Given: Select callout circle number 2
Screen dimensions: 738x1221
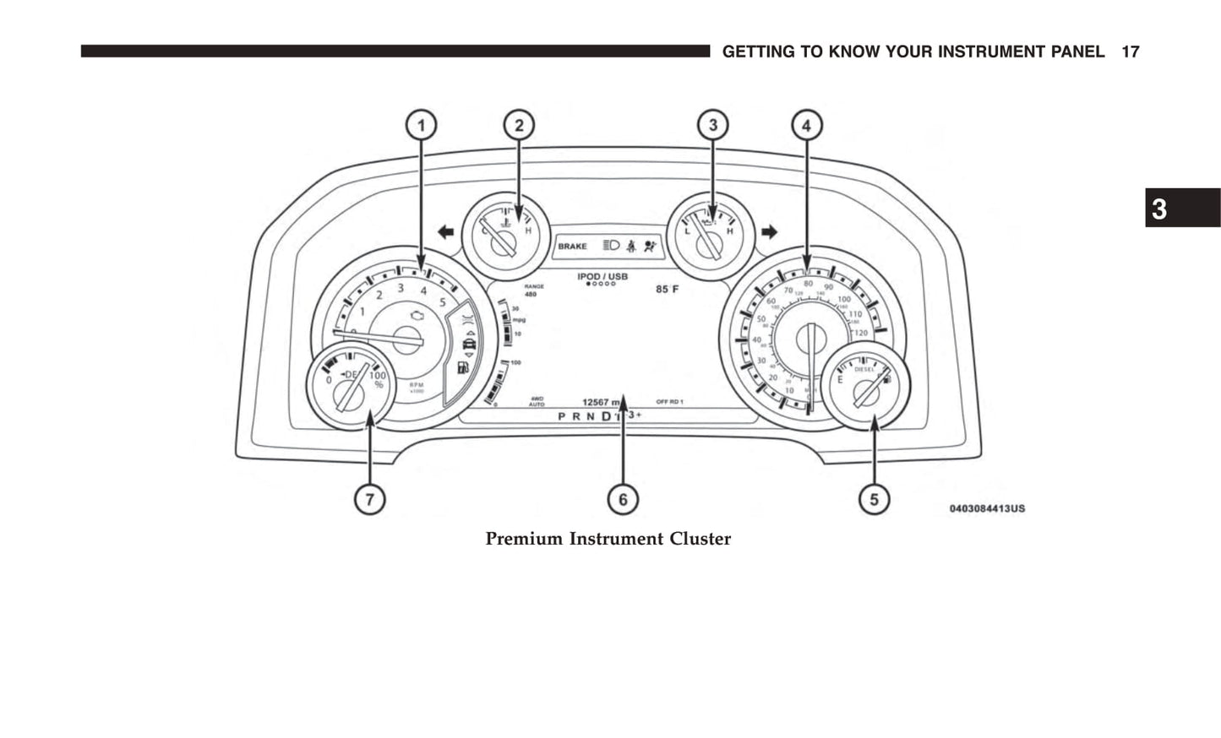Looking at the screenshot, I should click(519, 126).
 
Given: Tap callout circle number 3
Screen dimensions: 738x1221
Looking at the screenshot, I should click(712, 126).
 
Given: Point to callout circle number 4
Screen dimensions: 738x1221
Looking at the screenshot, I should click(806, 126).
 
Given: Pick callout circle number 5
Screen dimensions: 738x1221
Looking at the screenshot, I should click(874, 499).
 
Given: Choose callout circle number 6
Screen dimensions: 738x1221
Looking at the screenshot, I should click(623, 499).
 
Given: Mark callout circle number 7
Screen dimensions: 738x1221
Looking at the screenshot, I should click(369, 499).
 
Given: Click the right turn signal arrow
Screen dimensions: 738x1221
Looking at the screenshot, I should click(769, 231).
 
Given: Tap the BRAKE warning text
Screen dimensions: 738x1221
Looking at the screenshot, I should click(572, 247).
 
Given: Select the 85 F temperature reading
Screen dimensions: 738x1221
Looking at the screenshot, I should click(667, 290).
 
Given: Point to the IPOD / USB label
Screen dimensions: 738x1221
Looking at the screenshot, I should click(602, 277).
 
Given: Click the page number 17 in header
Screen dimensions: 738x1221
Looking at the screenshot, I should click(1130, 52).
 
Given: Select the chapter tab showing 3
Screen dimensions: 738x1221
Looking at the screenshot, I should click(1182, 209).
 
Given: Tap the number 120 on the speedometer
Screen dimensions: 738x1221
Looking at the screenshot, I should click(860, 334).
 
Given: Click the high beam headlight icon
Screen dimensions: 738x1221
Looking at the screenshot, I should click(612, 246).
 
